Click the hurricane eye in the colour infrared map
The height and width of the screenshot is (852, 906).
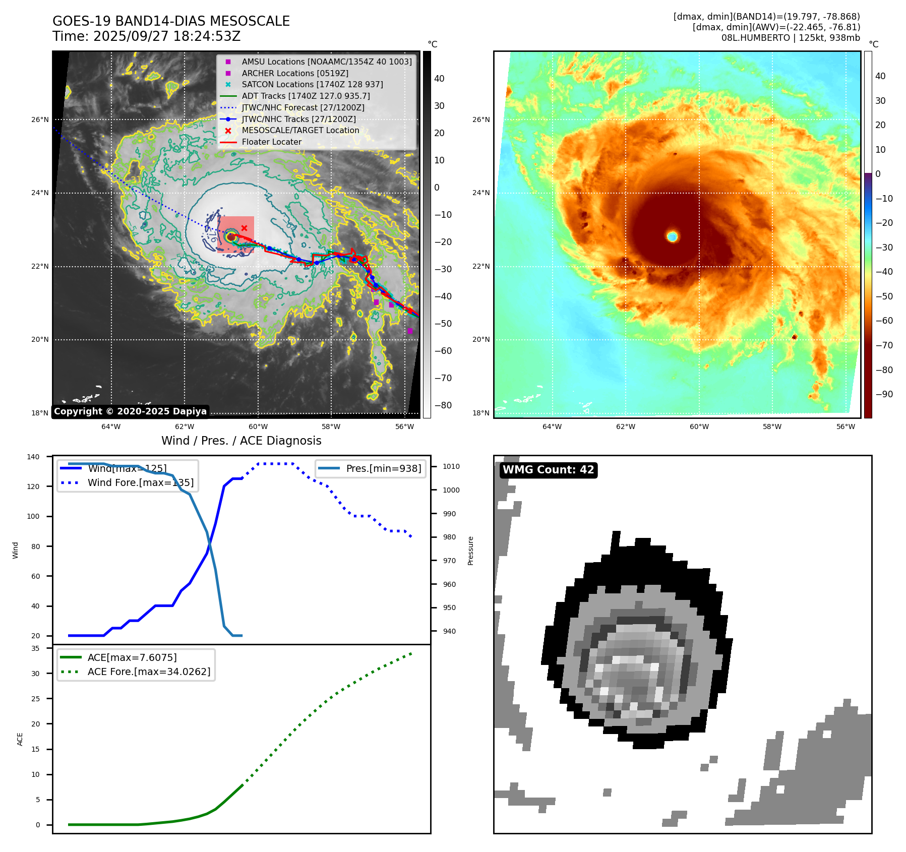click(672, 236)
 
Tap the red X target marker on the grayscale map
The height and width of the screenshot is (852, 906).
click(244, 228)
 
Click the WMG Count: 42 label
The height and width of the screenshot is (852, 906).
click(548, 470)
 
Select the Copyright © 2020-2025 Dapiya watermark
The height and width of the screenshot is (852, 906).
click(130, 411)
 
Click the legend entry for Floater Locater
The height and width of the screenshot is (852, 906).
click(271, 142)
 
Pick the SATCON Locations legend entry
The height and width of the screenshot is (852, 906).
click(312, 85)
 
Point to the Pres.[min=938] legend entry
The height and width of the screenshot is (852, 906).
click(383, 468)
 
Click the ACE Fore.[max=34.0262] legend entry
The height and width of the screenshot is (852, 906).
click(149, 672)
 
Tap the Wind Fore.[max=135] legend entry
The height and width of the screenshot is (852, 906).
click(140, 482)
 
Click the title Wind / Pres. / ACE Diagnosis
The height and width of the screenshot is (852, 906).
click(241, 441)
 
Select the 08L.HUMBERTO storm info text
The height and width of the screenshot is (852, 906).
click(790, 38)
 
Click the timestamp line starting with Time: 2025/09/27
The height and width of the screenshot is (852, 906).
click(146, 36)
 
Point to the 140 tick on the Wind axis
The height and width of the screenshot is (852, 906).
click(33, 457)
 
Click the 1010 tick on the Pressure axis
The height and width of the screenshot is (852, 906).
click(451, 466)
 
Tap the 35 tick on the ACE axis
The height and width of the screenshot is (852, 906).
click(35, 648)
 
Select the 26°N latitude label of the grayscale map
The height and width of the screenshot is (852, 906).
click(40, 120)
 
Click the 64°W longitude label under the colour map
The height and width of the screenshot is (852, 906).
click(552, 427)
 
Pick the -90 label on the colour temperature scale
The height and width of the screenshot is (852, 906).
click(884, 394)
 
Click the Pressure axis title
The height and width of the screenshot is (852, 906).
click(470, 551)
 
